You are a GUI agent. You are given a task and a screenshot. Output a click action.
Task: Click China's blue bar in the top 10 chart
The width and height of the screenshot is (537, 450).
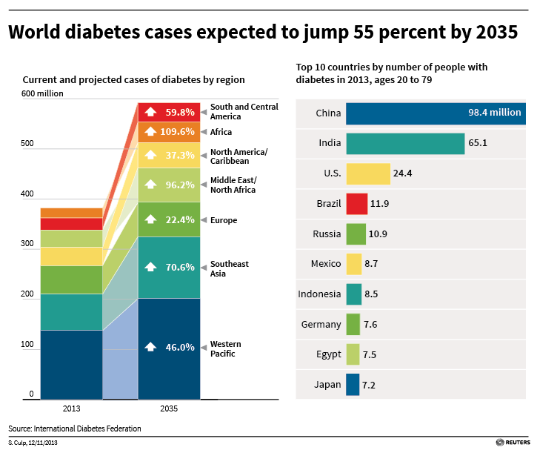click(x=435, y=113)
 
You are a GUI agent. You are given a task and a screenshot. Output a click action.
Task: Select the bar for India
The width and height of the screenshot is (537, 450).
click(x=405, y=144)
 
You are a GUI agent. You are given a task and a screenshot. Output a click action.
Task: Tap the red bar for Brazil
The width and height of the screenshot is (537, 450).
click(x=357, y=204)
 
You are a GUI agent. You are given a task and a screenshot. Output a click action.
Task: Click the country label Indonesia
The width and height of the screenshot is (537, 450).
click(x=319, y=294)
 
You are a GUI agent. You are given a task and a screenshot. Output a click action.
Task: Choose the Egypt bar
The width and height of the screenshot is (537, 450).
click(x=353, y=354)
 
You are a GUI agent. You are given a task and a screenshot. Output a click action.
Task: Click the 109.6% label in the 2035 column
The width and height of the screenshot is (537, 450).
click(x=180, y=132)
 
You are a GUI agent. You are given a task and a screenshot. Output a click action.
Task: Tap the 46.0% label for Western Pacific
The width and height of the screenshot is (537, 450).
click(x=180, y=347)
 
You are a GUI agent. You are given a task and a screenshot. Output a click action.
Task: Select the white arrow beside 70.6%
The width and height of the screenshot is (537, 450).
click(x=151, y=267)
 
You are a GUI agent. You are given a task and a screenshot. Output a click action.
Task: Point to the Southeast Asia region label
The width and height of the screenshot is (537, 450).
click(x=230, y=269)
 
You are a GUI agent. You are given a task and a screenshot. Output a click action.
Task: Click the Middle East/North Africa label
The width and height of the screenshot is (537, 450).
click(x=233, y=185)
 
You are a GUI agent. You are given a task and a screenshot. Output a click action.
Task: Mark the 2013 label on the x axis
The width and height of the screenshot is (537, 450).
click(x=71, y=408)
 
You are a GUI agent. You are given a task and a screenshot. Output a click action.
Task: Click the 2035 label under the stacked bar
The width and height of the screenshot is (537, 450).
click(x=169, y=408)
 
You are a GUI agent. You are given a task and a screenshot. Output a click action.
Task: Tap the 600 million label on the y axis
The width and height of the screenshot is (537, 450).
click(x=43, y=93)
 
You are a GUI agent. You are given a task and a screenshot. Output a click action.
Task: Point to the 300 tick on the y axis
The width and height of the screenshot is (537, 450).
click(x=28, y=243)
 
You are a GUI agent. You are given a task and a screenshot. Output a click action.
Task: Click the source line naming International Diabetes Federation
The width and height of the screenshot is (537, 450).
click(x=74, y=429)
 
